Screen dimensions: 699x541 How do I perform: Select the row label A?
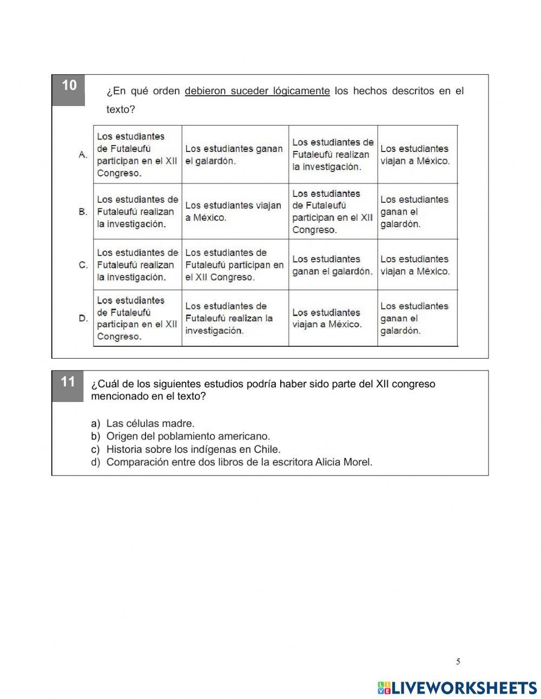[83, 155]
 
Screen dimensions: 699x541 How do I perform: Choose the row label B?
[83, 212]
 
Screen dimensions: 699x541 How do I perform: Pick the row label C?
[83, 265]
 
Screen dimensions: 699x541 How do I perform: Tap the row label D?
[83, 318]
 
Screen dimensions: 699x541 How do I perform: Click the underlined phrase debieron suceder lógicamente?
[257, 91]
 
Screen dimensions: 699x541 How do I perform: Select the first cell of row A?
[137, 155]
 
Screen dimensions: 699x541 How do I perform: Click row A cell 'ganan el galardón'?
[234, 155]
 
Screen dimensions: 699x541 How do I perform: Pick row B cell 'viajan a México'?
[234, 212]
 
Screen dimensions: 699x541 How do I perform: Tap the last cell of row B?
[417, 212]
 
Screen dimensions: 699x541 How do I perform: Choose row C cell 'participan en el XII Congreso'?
[234, 265]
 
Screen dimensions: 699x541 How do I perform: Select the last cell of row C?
[417, 265]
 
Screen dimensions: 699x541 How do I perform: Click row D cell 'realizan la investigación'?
[234, 318]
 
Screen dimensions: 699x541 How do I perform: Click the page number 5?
[458, 661]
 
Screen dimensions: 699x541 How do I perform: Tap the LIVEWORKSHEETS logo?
[458, 688]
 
